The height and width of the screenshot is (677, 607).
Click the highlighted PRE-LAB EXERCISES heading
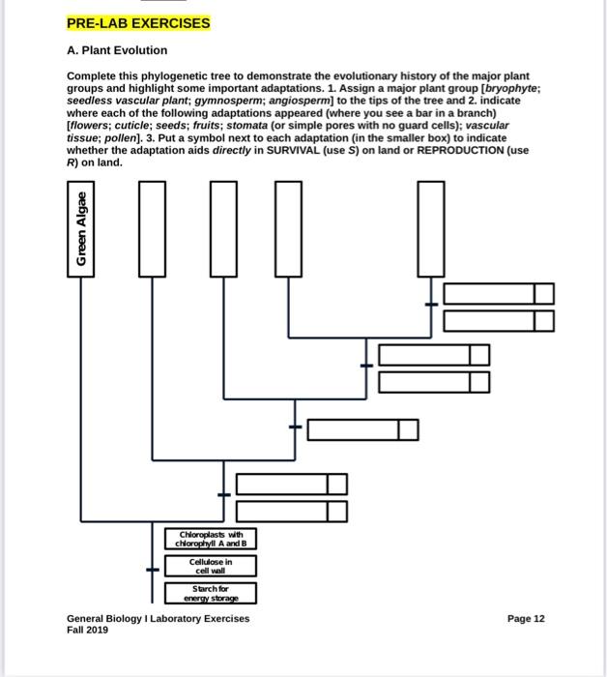coord(137,22)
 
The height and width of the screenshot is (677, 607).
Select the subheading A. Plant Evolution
coord(116,50)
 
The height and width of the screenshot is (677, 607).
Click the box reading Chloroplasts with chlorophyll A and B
coord(210,539)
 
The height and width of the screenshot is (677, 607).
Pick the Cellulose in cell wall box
coord(210,566)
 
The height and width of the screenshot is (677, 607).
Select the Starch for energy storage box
coord(210,593)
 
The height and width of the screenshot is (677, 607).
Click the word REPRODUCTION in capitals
coord(452,150)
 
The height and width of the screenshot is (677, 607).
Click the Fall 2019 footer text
coord(87,630)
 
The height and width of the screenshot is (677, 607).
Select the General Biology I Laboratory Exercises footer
coord(158,618)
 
